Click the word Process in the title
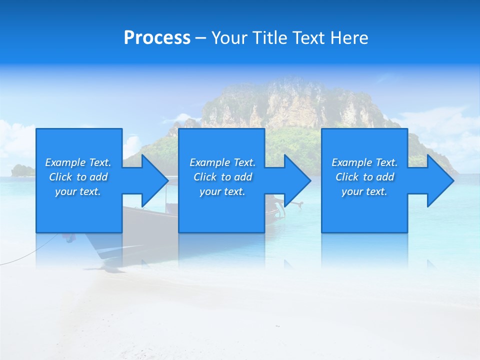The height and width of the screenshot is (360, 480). [x=157, y=38]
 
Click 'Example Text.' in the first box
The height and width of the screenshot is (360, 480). [x=78, y=162]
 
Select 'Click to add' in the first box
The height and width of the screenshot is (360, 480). [x=78, y=177]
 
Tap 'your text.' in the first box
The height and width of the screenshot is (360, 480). [x=78, y=191]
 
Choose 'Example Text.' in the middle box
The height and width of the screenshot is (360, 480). [x=222, y=162]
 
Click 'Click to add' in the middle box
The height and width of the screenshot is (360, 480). [x=222, y=177]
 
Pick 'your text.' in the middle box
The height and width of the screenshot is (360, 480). [x=222, y=191]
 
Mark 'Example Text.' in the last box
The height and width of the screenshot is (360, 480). [x=364, y=162]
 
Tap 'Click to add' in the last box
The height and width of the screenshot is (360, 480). [x=364, y=177]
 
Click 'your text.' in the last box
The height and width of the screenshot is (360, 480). [x=364, y=191]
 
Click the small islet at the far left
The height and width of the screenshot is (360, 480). [x=22, y=170]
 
